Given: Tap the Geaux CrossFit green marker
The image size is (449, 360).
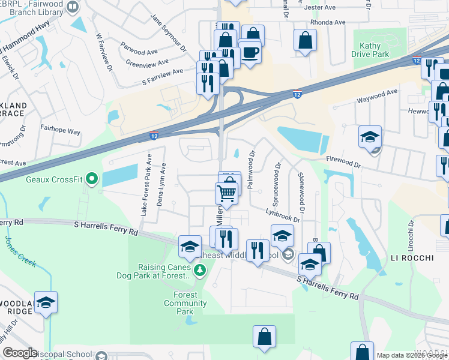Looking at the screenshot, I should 91,178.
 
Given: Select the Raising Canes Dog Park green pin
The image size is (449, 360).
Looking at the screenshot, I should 199,271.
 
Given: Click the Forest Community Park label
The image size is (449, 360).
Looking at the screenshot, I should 185,303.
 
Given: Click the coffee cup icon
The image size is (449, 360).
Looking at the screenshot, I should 250,52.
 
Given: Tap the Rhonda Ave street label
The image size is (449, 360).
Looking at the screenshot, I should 329,22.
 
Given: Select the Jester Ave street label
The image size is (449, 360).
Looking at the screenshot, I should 320,7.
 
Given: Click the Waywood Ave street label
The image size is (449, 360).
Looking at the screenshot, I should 378,96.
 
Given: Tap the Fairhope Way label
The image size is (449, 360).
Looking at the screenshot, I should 60,130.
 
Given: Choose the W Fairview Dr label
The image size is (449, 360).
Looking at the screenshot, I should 104,52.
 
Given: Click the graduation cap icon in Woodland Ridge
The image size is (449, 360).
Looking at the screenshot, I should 46,303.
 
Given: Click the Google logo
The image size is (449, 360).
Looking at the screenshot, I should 20,352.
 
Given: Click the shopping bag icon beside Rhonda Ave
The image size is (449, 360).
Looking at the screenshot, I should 306,41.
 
